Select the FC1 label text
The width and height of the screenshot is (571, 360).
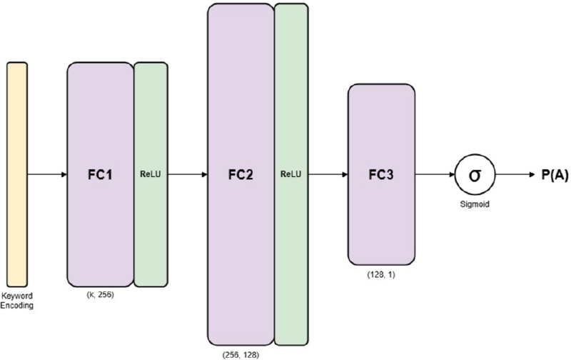[100, 174]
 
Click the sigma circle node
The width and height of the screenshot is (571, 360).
[473, 174]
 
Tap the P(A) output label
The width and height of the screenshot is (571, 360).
[553, 174]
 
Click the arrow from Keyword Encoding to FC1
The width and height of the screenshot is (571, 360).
[47, 174]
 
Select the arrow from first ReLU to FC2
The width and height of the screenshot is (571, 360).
[187, 174]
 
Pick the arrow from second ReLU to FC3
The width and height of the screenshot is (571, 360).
[328, 174]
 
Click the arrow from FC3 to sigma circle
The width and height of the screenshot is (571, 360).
[435, 174]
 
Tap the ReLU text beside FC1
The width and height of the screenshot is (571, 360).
[151, 174]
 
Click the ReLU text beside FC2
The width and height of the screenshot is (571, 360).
[291, 174]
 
